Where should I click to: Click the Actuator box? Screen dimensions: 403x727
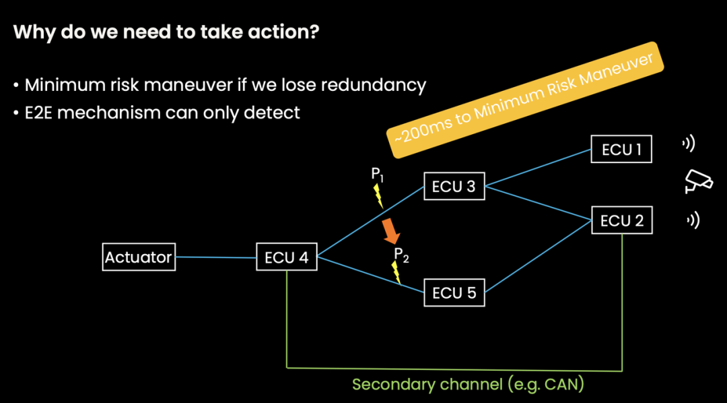pyautogui.click(x=139, y=257)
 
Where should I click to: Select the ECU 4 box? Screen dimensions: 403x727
pyautogui.click(x=287, y=257)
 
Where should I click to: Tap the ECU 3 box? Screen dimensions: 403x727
pyautogui.click(x=454, y=187)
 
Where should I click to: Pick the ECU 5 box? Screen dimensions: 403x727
pyautogui.click(x=454, y=292)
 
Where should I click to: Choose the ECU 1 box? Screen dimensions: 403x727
pyautogui.click(x=621, y=149)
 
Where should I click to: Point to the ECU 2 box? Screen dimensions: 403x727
pyautogui.click(x=621, y=220)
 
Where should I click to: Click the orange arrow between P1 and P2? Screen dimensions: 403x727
pyautogui.click(x=390, y=230)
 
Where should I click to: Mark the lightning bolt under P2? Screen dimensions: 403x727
pyautogui.click(x=396, y=273)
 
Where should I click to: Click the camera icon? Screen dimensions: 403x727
pyautogui.click(x=698, y=181)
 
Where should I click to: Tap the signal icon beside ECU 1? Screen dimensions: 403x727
pyautogui.click(x=688, y=144)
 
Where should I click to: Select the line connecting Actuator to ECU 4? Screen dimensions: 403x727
pyautogui.click(x=215, y=257)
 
